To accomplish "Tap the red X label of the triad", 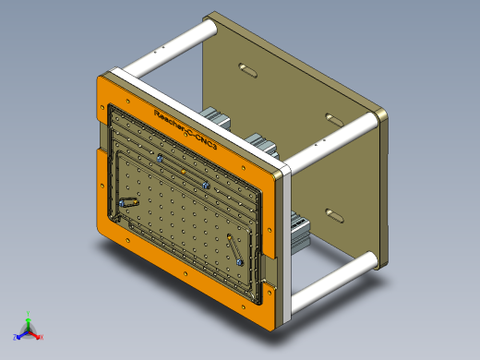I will point(42,337).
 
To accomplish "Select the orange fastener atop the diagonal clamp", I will point(228,238).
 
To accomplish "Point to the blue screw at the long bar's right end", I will point(206,185).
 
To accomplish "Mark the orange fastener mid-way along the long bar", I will point(183,172).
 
